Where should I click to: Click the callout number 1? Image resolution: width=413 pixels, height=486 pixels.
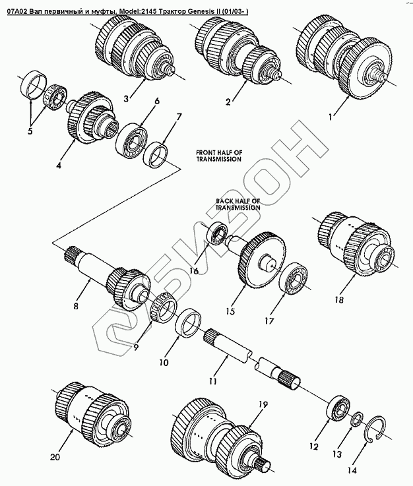coord(331,117)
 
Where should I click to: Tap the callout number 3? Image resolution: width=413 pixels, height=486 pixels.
coord(126,99)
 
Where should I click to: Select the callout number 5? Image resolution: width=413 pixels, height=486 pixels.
coord(30,131)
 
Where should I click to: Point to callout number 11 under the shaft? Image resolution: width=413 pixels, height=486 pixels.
coord(212,381)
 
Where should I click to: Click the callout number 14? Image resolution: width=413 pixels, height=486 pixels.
coord(352,470)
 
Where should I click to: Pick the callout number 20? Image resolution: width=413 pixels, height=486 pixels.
coord(55,457)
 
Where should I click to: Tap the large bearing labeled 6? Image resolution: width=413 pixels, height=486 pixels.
coord(131,140)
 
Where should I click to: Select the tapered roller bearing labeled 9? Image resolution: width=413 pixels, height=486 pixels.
coord(164,307)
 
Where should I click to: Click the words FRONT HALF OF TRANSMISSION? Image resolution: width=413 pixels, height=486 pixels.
coord(219,156)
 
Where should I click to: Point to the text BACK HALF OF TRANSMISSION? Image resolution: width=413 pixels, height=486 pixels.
coord(238,204)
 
